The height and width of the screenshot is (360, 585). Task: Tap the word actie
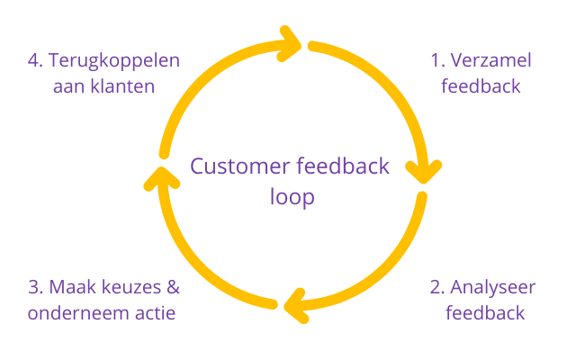tap(154, 313)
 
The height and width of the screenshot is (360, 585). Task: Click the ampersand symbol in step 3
tap(172, 288)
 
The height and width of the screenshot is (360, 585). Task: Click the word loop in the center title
tap(292, 196)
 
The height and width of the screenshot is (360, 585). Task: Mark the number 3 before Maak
tap(34, 288)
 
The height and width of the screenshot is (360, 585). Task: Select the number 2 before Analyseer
tap(436, 288)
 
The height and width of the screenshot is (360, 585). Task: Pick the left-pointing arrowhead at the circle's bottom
tap(293, 306)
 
